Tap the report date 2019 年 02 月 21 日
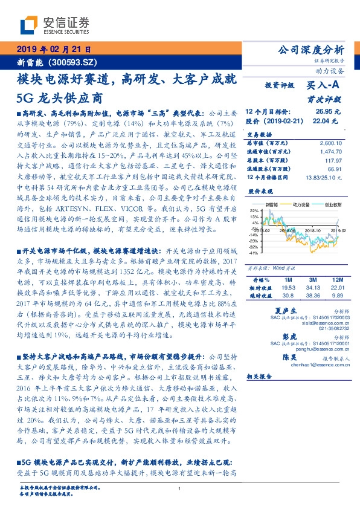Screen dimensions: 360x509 pos(53,49)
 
